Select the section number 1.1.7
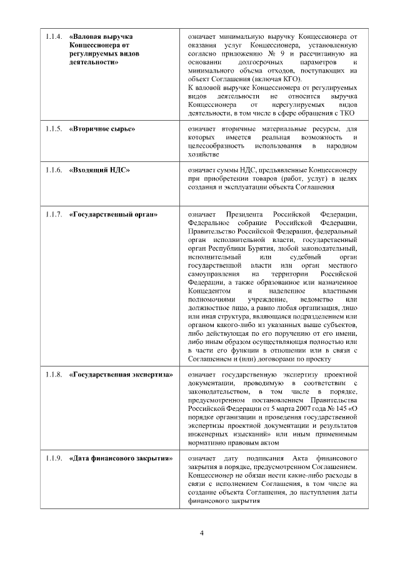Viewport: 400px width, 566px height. click(53, 215)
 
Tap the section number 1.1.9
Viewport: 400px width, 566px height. click(53, 458)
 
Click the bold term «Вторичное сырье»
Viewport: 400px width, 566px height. click(102, 129)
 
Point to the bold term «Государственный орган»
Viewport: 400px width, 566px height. click(113, 215)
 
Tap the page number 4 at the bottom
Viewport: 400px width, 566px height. click(201, 533)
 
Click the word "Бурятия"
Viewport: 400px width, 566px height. click(246, 248)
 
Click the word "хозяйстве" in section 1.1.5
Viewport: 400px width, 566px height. click(203, 154)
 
